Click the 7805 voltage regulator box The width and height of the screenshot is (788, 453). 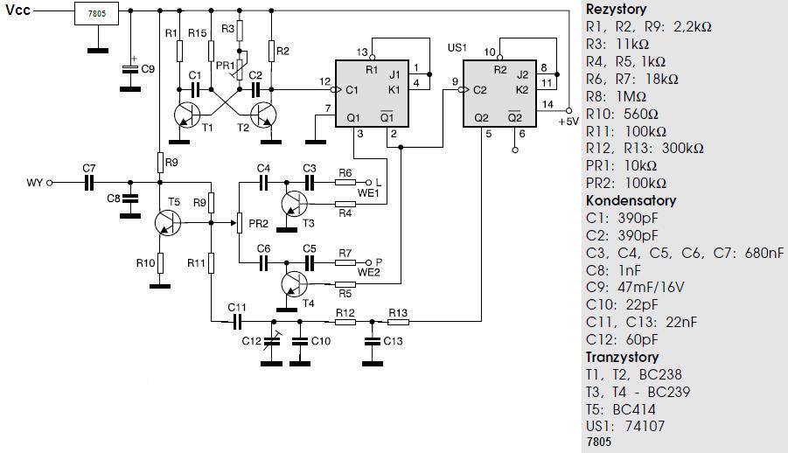96,14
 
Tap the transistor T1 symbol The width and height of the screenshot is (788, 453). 186,115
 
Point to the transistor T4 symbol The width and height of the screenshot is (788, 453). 294,283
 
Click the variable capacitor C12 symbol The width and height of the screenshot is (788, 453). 273,341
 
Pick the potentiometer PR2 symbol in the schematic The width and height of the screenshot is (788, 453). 240,223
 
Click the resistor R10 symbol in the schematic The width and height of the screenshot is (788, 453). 160,263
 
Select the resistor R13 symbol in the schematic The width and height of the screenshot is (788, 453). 399,321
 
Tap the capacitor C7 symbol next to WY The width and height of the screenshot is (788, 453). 89,183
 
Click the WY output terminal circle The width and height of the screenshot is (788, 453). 49,183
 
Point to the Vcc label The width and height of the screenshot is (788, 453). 17,10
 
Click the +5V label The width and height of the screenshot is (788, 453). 568,122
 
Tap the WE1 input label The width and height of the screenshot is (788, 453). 368,193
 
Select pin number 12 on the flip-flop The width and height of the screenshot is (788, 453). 324,81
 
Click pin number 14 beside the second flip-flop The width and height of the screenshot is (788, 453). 547,104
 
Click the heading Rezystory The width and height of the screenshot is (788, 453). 616,9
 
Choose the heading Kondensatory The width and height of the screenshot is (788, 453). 631,200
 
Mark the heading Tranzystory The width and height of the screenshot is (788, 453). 622,357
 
